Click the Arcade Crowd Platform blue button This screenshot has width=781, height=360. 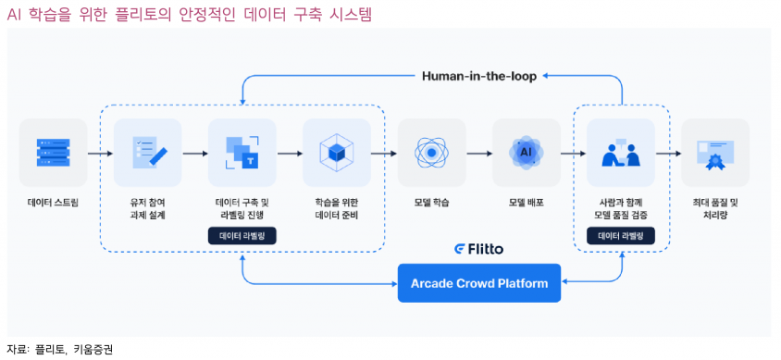coord(479,282)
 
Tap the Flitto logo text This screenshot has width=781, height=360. coord(479,249)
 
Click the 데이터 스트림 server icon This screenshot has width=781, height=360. coord(53,152)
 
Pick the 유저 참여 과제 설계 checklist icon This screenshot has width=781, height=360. coord(148,152)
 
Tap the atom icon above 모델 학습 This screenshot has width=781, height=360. coord(431,152)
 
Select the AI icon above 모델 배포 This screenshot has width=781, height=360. coord(527,152)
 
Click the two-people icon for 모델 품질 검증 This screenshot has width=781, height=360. coord(621,152)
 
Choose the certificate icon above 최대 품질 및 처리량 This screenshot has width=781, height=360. coord(715,152)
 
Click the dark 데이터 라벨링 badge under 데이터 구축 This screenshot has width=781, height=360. coord(242,236)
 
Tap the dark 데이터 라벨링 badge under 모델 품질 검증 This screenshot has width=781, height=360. coord(621,236)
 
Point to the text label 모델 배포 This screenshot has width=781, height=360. coord(527,202)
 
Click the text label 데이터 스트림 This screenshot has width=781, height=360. coord(53,202)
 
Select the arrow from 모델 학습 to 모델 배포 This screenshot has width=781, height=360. coord(479,153)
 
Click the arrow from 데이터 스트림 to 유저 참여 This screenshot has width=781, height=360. coord(100,153)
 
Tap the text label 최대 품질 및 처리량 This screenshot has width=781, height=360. coord(715,208)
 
